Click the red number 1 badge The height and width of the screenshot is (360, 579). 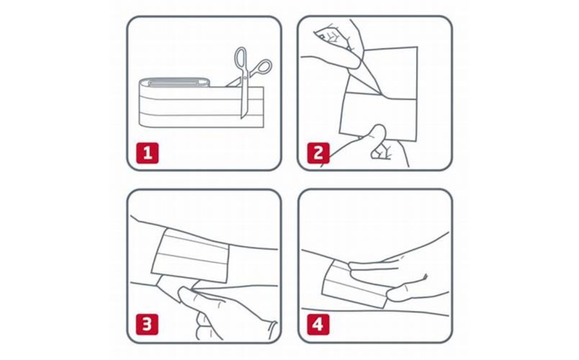click(147, 153)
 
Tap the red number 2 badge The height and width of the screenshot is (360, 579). click(318, 153)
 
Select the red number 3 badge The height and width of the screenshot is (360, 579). click(147, 325)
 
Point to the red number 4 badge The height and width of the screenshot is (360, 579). click(318, 325)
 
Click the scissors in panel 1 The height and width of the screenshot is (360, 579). click(247, 80)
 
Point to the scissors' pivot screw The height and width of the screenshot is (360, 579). click(244, 78)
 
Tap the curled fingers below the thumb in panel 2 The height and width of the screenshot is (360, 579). click(383, 151)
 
